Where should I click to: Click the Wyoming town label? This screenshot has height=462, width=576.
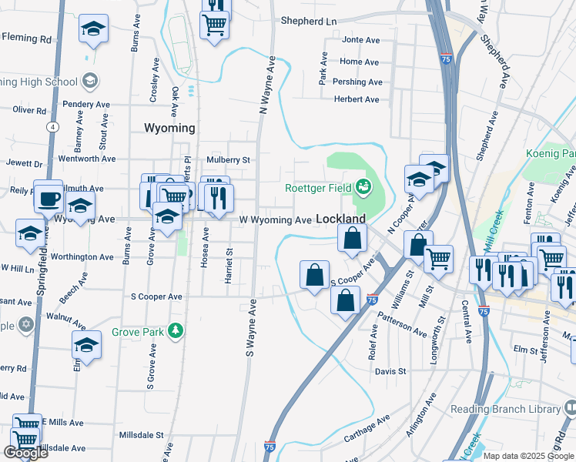(x=169, y=128)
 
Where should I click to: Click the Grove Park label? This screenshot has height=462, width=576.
(x=139, y=332)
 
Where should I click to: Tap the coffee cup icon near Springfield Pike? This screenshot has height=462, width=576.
(x=49, y=198)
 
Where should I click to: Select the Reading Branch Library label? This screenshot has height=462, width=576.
(x=506, y=409)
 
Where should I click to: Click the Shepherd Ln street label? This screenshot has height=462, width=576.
(x=310, y=21)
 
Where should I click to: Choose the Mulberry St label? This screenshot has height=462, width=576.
(x=229, y=160)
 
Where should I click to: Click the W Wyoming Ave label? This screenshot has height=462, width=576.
(x=275, y=220)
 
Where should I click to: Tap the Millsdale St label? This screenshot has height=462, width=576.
(x=142, y=434)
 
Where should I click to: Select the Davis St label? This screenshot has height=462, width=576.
(x=390, y=371)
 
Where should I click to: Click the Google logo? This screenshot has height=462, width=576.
(x=25, y=452)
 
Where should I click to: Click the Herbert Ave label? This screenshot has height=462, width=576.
(x=356, y=99)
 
